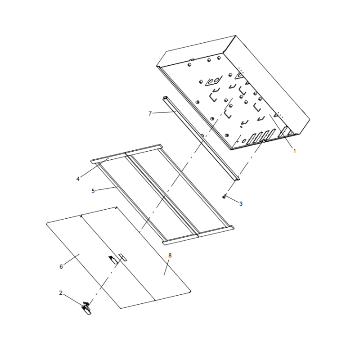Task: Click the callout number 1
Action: pyautogui.click(x=294, y=151)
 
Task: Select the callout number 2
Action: pyautogui.click(x=61, y=293)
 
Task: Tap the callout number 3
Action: pyautogui.click(x=241, y=204)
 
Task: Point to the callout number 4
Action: pyautogui.click(x=78, y=179)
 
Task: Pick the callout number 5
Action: pyautogui.click(x=93, y=191)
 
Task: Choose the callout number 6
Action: pyautogui.click(x=61, y=266)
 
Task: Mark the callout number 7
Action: pyautogui.click(x=150, y=113)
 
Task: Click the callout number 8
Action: pyautogui.click(x=170, y=255)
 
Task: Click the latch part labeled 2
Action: pyautogui.click(x=86, y=308)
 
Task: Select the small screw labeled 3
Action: pyautogui.click(x=224, y=196)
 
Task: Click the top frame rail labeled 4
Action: pyautogui.click(x=127, y=154)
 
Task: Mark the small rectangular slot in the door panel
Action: pyautogui.click(x=122, y=257)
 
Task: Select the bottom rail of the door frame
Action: pyautogui.click(x=198, y=235)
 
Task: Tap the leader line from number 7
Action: pyautogui.click(x=164, y=112)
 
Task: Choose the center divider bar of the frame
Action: pyautogui.click(x=162, y=193)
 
